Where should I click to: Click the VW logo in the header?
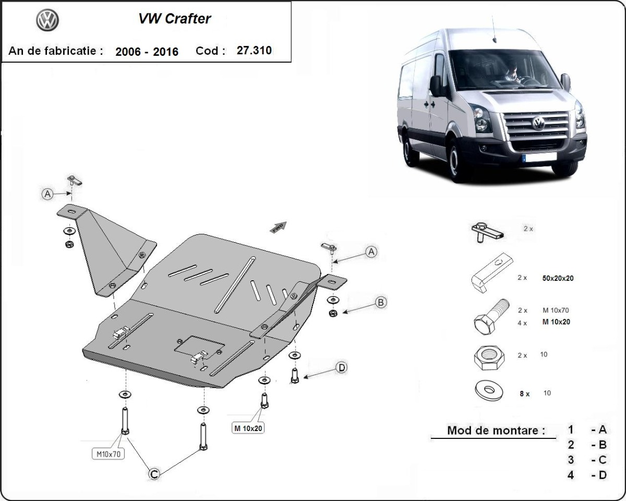[47, 20]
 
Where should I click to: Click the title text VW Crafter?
[174, 19]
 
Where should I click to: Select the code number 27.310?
[254, 51]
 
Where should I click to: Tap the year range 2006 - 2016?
[147, 51]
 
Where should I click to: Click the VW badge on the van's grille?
[538, 123]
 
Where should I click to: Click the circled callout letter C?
[154, 473]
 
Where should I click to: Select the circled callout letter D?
[342, 368]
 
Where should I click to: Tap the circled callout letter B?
[381, 302]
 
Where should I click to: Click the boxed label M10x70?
[109, 454]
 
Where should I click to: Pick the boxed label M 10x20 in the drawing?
[248, 428]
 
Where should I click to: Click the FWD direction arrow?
[278, 226]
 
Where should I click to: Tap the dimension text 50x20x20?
[558, 278]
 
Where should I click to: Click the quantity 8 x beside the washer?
[524, 394]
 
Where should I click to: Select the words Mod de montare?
[496, 431]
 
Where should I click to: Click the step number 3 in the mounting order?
[571, 460]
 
